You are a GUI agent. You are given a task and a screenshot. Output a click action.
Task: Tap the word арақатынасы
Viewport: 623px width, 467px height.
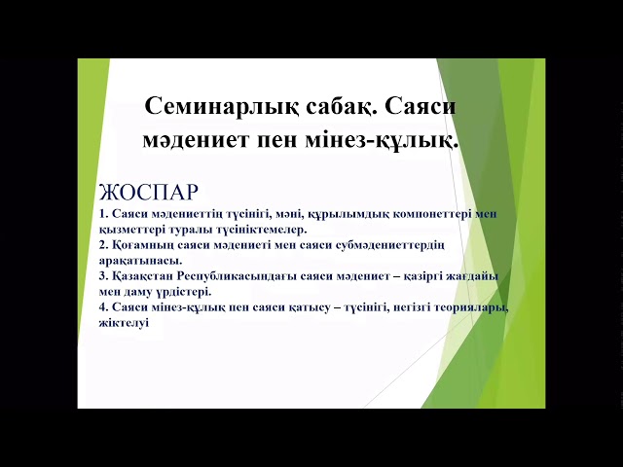(x=140, y=261)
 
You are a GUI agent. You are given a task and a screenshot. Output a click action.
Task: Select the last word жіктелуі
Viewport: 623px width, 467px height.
(x=123, y=322)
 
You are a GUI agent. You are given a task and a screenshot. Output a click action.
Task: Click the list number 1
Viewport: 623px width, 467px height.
(x=102, y=215)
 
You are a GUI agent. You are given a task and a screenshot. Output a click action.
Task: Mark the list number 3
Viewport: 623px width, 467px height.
(x=102, y=276)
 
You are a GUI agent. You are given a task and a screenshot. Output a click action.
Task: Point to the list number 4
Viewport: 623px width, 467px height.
(x=102, y=307)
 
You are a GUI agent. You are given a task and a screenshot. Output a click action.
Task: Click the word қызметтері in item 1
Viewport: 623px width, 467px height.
(x=132, y=230)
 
